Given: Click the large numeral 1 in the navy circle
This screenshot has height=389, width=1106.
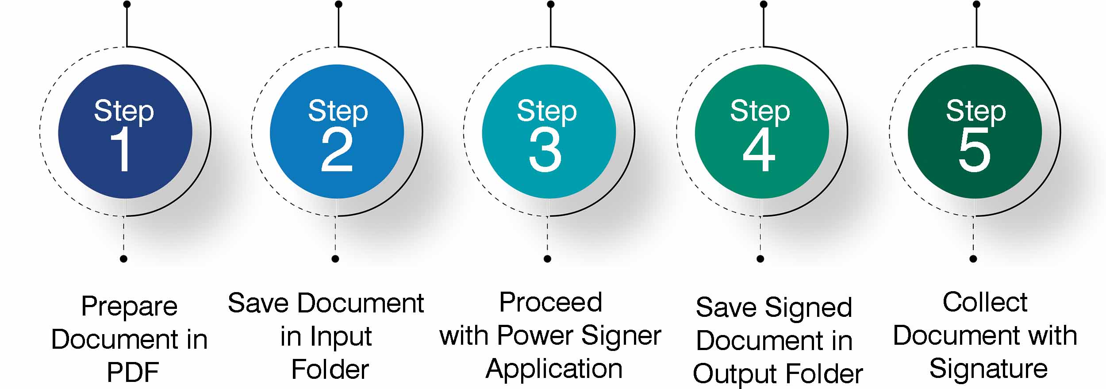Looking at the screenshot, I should [x=121, y=150].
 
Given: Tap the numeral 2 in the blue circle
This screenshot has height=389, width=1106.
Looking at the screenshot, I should [x=337, y=150].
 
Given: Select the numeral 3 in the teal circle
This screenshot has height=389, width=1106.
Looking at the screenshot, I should [x=545, y=150].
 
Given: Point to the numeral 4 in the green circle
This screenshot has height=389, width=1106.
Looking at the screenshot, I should [x=759, y=150].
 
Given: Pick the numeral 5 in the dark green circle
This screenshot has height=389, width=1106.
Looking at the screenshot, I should [x=974, y=150].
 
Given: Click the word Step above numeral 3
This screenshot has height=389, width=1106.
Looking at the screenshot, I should [x=547, y=112].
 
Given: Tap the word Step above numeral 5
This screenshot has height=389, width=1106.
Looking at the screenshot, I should [x=976, y=112].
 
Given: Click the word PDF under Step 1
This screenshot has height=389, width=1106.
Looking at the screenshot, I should [x=133, y=372].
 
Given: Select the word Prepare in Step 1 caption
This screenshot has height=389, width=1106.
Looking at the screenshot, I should [x=130, y=306].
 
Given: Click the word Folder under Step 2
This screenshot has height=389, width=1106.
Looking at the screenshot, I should [x=330, y=370].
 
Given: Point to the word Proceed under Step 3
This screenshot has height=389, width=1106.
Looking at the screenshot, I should [x=551, y=303].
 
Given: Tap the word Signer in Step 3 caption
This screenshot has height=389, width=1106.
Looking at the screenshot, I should [x=621, y=335].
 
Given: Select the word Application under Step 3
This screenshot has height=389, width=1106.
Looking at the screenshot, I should [x=554, y=369].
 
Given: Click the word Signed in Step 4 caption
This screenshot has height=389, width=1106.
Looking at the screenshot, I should [x=808, y=308].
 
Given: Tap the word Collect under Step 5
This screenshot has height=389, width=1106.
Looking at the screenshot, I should [x=985, y=303].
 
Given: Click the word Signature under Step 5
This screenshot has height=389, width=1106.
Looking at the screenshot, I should [x=988, y=369].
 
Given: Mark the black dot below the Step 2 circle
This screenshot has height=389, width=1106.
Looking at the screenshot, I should [x=335, y=259].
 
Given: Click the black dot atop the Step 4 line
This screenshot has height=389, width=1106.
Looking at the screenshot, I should [x=764, y=4].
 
